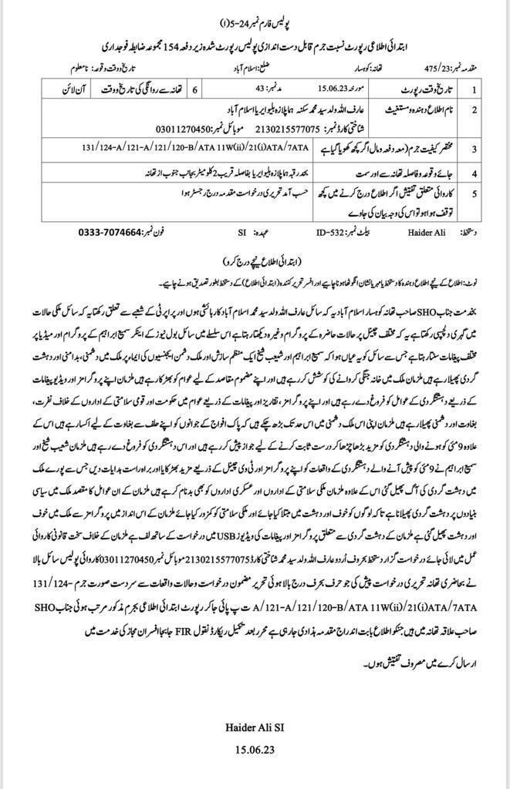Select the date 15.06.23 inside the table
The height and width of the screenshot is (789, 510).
(304, 90)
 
